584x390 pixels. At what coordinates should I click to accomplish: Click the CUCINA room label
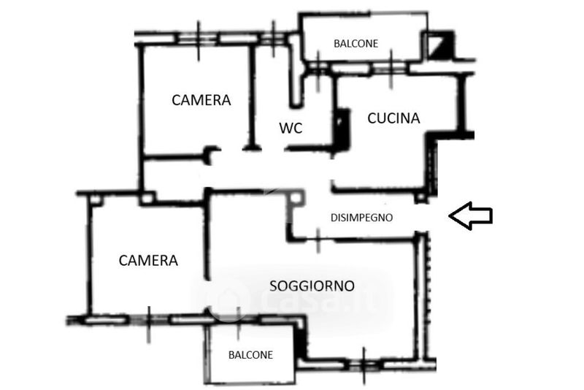coord(393,118)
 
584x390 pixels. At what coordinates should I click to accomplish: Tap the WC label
coord(291,128)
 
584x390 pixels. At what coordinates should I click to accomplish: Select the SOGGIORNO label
coord(312,286)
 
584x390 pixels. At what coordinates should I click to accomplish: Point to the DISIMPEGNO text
coord(362,217)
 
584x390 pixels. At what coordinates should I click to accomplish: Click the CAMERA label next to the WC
coord(201,100)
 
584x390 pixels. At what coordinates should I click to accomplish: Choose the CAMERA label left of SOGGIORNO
coord(148,260)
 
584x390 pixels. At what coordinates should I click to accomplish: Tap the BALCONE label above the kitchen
coord(356,43)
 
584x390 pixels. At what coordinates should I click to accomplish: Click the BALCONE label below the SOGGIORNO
coord(250,355)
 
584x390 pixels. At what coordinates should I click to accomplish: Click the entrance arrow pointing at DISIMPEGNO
coord(470,216)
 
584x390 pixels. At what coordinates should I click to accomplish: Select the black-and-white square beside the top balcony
coord(440,47)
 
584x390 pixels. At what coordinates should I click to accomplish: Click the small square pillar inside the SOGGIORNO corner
coord(295,197)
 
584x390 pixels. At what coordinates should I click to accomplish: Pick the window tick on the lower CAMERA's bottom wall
coord(149,320)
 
